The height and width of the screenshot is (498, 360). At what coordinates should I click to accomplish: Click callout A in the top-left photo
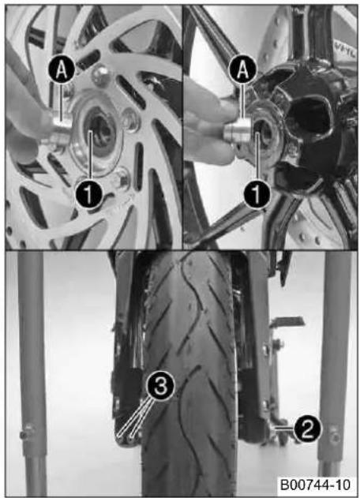click(x=62, y=70)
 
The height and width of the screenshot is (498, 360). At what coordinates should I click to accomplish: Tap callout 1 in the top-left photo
click(x=89, y=194)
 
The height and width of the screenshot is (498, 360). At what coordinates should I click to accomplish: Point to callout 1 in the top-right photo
click(x=257, y=194)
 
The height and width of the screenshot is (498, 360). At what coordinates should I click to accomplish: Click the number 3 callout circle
click(x=160, y=386)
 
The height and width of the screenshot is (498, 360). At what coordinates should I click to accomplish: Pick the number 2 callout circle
click(x=307, y=429)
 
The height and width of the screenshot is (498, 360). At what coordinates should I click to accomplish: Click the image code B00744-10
click(x=314, y=485)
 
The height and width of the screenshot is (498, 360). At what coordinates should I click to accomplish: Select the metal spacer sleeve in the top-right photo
click(x=238, y=133)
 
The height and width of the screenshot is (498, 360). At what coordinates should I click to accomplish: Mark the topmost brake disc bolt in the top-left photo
click(x=100, y=76)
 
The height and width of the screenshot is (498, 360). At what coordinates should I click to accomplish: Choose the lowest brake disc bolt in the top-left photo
click(x=122, y=180)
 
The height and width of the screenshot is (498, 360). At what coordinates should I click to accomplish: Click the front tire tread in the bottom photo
click(x=189, y=375)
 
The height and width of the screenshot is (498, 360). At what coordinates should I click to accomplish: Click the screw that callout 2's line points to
click(x=272, y=428)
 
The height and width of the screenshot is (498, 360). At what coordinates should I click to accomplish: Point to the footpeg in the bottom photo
click(x=287, y=320)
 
